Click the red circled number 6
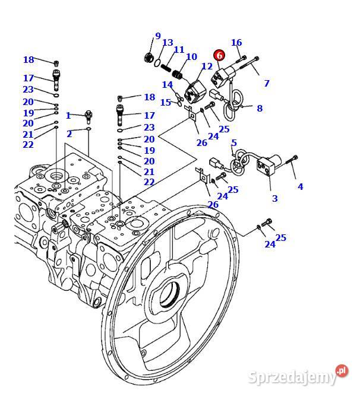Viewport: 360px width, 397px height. (x=219, y=55)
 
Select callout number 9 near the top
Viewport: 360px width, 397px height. (x=157, y=36)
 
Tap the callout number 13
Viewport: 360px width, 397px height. (x=168, y=43)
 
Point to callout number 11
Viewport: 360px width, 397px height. (x=179, y=50)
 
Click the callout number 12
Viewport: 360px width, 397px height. (x=207, y=66)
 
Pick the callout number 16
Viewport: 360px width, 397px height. (x=236, y=43)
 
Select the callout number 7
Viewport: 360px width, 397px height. (x=267, y=84)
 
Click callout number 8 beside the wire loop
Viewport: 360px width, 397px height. (x=259, y=109)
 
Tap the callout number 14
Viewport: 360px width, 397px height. (x=168, y=85)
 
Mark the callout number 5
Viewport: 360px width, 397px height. (x=233, y=143)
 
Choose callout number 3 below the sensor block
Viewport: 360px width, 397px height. (x=274, y=198)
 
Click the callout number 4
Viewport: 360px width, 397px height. (x=300, y=187)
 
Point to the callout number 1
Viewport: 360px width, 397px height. (x=68, y=116)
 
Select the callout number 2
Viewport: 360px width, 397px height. (x=69, y=134)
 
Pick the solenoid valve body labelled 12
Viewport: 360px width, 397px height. (x=194, y=92)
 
